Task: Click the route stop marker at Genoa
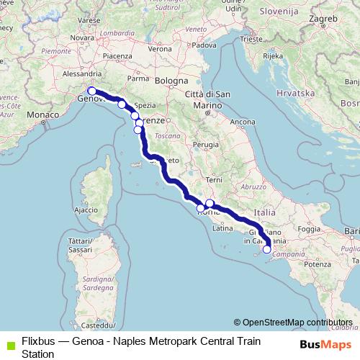(x=91, y=91)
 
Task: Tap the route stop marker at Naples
(x=267, y=250)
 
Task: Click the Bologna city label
(x=169, y=81)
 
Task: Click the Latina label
(x=220, y=229)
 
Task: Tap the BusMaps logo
(x=325, y=343)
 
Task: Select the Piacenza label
(x=117, y=55)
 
